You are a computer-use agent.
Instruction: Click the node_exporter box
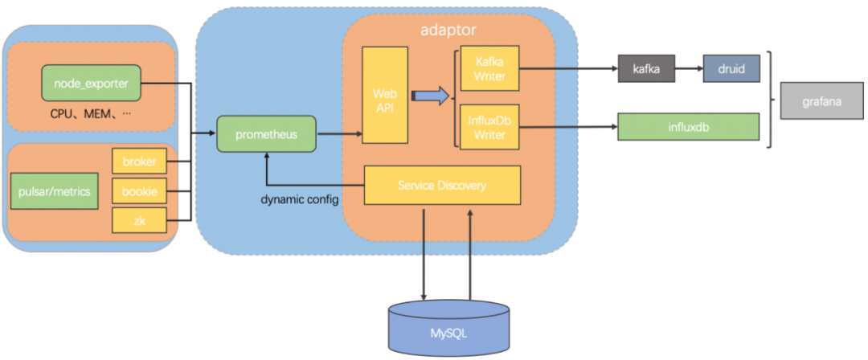[92, 83]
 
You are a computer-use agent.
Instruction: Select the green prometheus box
[266, 134]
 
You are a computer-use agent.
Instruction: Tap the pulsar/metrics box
[55, 191]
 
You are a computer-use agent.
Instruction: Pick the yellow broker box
[140, 162]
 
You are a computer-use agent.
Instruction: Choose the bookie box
[140, 192]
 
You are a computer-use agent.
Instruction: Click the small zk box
[140, 220]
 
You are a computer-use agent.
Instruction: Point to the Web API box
[385, 96]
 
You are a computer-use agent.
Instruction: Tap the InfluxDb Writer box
[490, 127]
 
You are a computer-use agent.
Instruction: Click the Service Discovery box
[442, 185]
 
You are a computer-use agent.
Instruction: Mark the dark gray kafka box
[646, 68]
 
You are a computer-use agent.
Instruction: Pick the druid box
[731, 68]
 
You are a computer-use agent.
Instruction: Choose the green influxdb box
[688, 127]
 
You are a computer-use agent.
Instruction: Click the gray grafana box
[821, 100]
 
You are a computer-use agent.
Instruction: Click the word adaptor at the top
[448, 30]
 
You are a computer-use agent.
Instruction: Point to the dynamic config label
[300, 199]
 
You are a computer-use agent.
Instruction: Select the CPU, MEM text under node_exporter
[90, 115]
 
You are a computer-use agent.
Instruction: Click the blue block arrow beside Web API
[430, 96]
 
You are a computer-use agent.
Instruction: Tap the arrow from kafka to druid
[690, 68]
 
